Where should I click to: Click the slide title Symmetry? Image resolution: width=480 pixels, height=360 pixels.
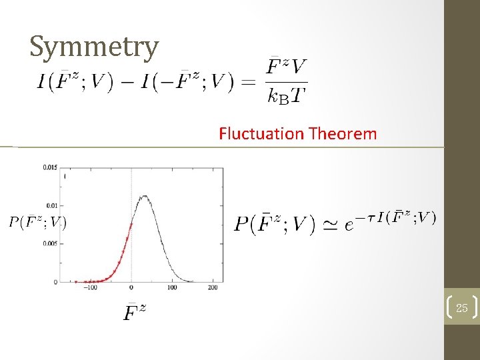click(x=94, y=47)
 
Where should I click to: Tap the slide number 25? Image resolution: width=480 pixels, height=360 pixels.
click(x=461, y=307)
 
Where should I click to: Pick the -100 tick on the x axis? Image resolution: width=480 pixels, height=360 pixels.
click(x=90, y=287)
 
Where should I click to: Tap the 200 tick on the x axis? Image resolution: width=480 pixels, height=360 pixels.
click(x=213, y=287)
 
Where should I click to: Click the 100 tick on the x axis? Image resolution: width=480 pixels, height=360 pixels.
click(x=172, y=287)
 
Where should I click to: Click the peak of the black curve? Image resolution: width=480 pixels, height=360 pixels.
click(x=145, y=196)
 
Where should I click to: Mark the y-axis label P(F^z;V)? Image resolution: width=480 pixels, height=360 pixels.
click(x=38, y=221)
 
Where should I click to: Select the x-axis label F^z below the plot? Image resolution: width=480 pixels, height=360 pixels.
click(x=135, y=311)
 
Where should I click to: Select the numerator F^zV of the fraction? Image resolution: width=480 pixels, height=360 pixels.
click(x=287, y=67)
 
